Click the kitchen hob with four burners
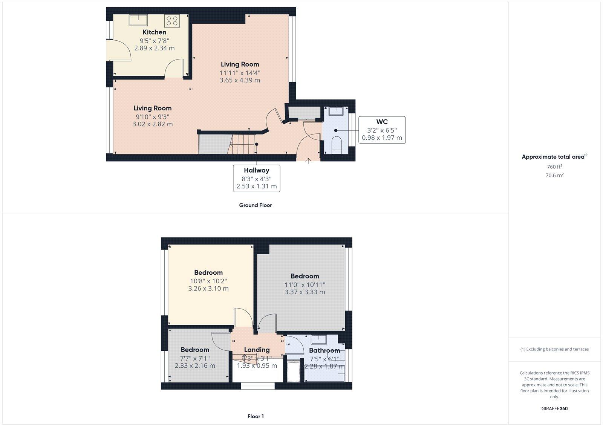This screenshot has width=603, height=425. pos(172,20)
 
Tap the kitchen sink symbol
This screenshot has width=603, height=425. pos(138,20)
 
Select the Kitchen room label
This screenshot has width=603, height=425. pos(154,32)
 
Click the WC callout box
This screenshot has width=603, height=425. pos(382,130)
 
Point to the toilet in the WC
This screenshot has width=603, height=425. pos(336,145)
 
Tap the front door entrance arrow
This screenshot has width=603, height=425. pos(308,161)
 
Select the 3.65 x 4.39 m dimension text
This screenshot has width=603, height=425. pos(240,80)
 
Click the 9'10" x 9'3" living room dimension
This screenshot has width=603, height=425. pos(152,116)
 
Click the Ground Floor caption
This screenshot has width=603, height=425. pos(255,205)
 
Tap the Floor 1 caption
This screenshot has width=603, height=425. pos(255,416)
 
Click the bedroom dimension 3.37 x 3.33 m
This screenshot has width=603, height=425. pos(305,292)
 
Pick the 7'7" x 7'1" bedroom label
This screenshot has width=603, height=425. pos(195,358)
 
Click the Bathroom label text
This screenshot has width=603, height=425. pos(324,350)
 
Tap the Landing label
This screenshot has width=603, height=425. pos(257,350)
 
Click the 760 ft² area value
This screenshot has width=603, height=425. pos(554,167)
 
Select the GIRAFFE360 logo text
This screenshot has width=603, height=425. pos(554,408)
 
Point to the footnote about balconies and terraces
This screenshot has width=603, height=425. pos(554,349)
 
